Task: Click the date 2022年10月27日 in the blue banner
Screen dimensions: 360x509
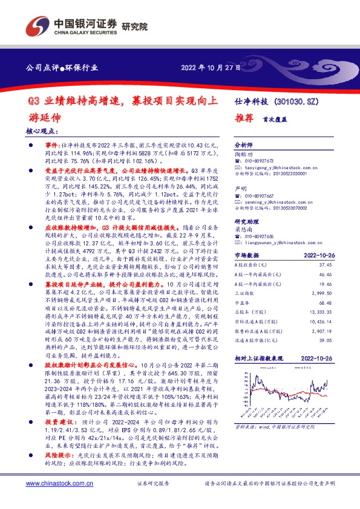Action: (x=211, y=68)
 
